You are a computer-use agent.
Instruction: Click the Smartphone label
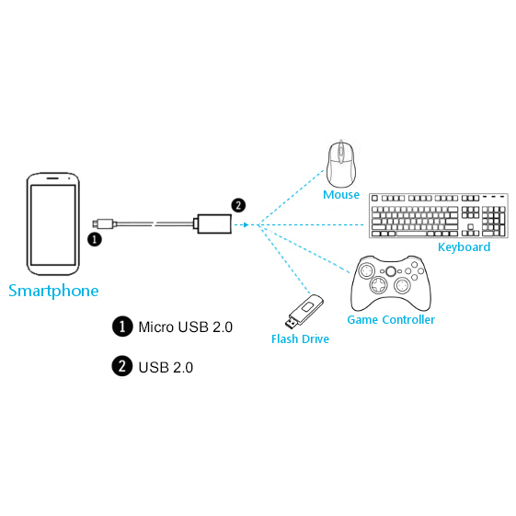click(x=53, y=291)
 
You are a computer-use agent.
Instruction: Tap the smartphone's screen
click(x=53, y=224)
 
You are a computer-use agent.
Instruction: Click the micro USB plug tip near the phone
click(x=95, y=224)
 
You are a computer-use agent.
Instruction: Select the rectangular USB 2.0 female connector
click(x=214, y=224)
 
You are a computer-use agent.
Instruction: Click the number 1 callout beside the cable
click(x=95, y=239)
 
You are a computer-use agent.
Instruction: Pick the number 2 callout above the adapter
click(x=238, y=205)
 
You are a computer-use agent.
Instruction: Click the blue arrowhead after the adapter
click(x=246, y=224)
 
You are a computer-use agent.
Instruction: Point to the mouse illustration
click(x=341, y=164)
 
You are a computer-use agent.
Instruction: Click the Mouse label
click(x=341, y=194)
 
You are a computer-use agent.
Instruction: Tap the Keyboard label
click(x=464, y=247)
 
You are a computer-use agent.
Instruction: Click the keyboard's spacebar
click(x=411, y=234)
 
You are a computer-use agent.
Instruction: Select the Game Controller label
click(x=391, y=319)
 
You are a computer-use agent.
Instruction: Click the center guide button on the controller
click(x=391, y=271)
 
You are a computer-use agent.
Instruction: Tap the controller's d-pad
click(x=379, y=285)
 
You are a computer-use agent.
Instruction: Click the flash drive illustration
click(x=304, y=311)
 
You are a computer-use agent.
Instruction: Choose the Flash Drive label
click(x=300, y=339)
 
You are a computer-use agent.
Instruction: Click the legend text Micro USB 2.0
click(x=185, y=327)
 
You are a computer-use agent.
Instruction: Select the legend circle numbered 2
click(x=122, y=366)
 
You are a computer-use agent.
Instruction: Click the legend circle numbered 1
click(x=122, y=327)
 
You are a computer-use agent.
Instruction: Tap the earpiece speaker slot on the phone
click(x=52, y=178)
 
